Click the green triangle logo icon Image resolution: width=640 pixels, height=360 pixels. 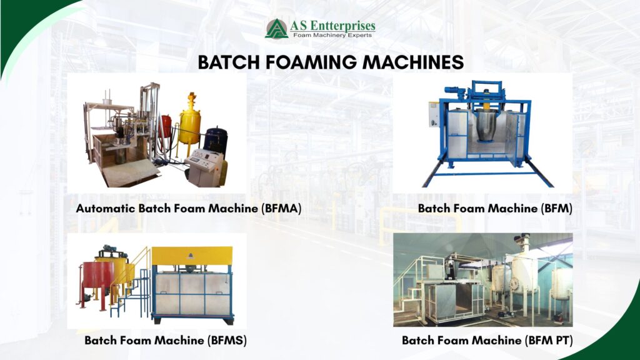[x=276, y=28]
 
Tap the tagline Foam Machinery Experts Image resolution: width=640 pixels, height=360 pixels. [x=333, y=36]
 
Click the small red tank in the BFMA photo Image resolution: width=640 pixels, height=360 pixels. [x=166, y=128]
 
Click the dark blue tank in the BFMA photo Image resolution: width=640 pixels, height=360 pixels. [x=216, y=142]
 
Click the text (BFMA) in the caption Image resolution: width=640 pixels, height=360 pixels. [x=279, y=209]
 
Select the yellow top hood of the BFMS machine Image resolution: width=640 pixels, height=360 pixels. [x=192, y=255]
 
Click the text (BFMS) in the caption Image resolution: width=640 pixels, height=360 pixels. [x=226, y=341]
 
